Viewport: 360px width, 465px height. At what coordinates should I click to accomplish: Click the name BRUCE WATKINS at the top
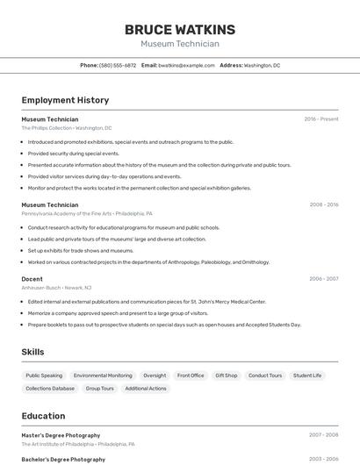point(180,30)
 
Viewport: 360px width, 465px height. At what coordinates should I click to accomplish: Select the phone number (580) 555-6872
point(118,65)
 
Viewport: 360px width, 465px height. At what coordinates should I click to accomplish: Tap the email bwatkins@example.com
point(186,65)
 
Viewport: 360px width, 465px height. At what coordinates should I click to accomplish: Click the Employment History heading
point(65,100)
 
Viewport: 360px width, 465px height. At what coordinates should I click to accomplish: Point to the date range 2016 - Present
point(321,119)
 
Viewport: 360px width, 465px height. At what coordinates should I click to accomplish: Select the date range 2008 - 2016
point(324,204)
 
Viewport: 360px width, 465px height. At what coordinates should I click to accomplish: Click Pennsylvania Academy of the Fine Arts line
point(87,213)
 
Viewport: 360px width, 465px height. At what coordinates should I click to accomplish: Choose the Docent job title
point(32,278)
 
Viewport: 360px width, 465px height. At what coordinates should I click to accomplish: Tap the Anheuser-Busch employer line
point(57,287)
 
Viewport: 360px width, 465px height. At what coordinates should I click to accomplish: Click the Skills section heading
point(32,352)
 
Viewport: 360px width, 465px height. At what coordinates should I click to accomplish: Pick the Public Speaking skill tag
point(44,376)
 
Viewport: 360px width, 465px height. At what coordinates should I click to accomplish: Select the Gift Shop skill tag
point(227,376)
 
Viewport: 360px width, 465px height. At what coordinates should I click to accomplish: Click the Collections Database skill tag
point(50,388)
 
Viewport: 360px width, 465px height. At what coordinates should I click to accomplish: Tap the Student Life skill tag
point(307,376)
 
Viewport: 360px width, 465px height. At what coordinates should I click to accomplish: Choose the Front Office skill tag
point(191,376)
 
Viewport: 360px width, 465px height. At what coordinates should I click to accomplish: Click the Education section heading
point(43,416)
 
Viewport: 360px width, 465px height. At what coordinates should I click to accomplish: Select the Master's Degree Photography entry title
point(61,435)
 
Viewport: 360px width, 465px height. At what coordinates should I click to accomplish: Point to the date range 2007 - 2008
point(323,435)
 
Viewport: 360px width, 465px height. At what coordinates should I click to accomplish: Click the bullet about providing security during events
point(74,153)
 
